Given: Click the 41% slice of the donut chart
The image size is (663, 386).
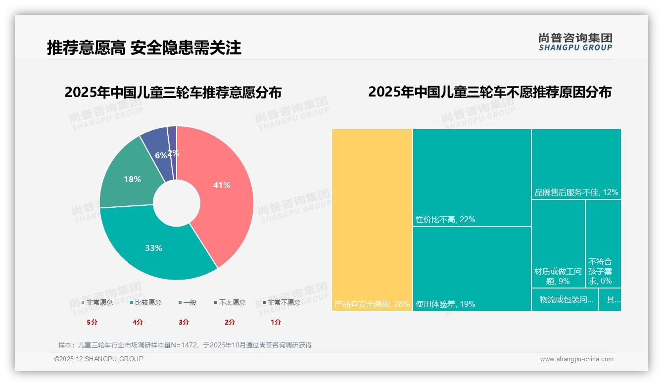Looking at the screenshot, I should click(223, 188).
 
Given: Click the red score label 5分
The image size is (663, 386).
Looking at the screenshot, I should click(92, 322).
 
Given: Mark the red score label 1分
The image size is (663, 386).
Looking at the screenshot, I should click(276, 322).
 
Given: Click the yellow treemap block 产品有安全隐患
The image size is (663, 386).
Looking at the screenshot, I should click(372, 218).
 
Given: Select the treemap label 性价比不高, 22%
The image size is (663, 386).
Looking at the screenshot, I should click(445, 219).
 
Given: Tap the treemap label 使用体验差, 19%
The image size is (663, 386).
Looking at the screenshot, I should click(445, 304).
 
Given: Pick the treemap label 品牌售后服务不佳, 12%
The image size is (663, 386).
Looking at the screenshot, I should click(576, 192).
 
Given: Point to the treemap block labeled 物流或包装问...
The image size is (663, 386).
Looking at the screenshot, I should click(565, 300).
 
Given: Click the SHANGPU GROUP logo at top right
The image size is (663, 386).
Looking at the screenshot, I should click(575, 42).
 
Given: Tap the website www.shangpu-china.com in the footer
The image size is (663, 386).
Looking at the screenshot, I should click(576, 359).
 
